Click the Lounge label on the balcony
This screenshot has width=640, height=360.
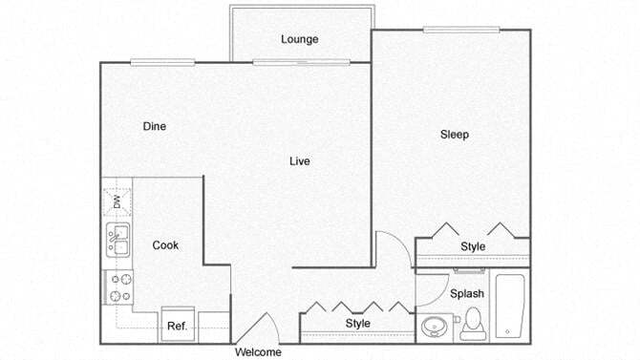(299, 39)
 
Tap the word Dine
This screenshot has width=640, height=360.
(156, 126)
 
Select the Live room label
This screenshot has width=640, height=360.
(299, 161)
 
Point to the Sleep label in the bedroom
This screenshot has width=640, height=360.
(455, 135)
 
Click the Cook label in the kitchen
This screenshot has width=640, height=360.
(165, 245)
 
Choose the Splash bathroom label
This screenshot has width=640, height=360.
(467, 293)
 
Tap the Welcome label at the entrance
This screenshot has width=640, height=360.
(258, 352)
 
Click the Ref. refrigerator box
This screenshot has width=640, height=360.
(177, 326)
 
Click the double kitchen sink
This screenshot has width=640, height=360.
(117, 239)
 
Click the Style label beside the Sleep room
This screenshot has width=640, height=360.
(473, 246)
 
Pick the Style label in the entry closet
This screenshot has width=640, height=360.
(357, 324)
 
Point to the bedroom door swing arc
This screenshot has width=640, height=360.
(392, 249)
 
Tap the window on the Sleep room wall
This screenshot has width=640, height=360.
(463, 29)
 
